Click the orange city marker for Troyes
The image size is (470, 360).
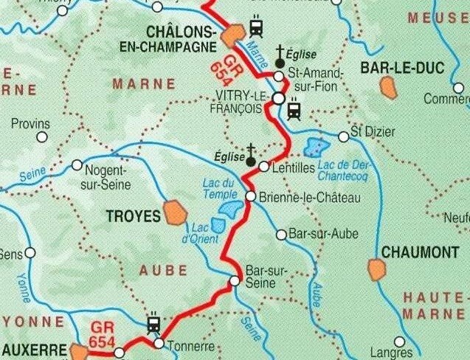click(176, 212)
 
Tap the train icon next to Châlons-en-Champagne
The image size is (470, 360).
click(256, 27)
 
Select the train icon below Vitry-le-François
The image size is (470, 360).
click(294, 111)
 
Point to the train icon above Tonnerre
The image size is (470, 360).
click(154, 325)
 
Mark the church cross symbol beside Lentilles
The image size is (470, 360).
click(251, 156)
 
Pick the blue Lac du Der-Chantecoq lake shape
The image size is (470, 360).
click(317, 147)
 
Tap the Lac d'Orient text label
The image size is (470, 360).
click(204, 232)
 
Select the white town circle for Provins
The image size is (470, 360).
click(42, 136)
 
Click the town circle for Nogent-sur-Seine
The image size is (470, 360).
click(77, 165)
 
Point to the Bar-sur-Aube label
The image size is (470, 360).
click(324, 235)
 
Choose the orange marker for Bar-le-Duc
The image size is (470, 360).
click(387, 87)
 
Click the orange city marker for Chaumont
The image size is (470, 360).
click(377, 269)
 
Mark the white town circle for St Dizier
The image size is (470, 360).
click(343, 136)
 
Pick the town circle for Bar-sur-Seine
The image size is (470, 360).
click(235, 280)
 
